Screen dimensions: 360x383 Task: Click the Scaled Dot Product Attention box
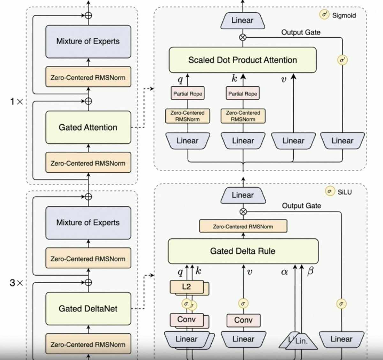point(243,60)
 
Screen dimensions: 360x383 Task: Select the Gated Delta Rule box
point(243,251)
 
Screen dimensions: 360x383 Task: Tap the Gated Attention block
point(88,127)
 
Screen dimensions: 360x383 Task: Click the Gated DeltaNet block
point(88,309)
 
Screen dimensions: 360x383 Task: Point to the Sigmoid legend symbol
point(325,15)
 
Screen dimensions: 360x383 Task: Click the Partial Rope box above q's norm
point(188,94)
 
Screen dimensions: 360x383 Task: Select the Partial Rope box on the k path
point(243,94)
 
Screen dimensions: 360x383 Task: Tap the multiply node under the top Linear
point(243,37)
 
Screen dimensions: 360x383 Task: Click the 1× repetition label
point(17,102)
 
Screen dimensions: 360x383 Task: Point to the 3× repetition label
point(17,283)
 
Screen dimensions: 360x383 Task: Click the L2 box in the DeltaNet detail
point(186,287)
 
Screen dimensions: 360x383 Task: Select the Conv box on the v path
point(243,320)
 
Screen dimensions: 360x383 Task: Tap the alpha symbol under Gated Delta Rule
point(284,272)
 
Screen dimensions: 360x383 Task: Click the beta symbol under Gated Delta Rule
point(310,272)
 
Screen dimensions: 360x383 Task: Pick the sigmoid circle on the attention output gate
point(342,60)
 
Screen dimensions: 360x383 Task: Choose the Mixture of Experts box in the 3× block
point(88,223)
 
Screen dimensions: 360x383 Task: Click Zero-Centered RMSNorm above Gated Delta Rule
point(243,226)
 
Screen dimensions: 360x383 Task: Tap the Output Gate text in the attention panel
point(301,32)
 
